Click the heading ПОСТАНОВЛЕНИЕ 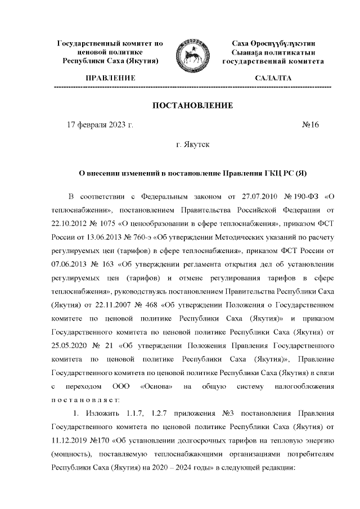pyautogui.click(x=193, y=105)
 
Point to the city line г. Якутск pyautogui.click(x=193, y=145)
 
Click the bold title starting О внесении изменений pyautogui.click(x=193, y=173)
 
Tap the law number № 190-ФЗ pyautogui.click(x=295, y=196)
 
